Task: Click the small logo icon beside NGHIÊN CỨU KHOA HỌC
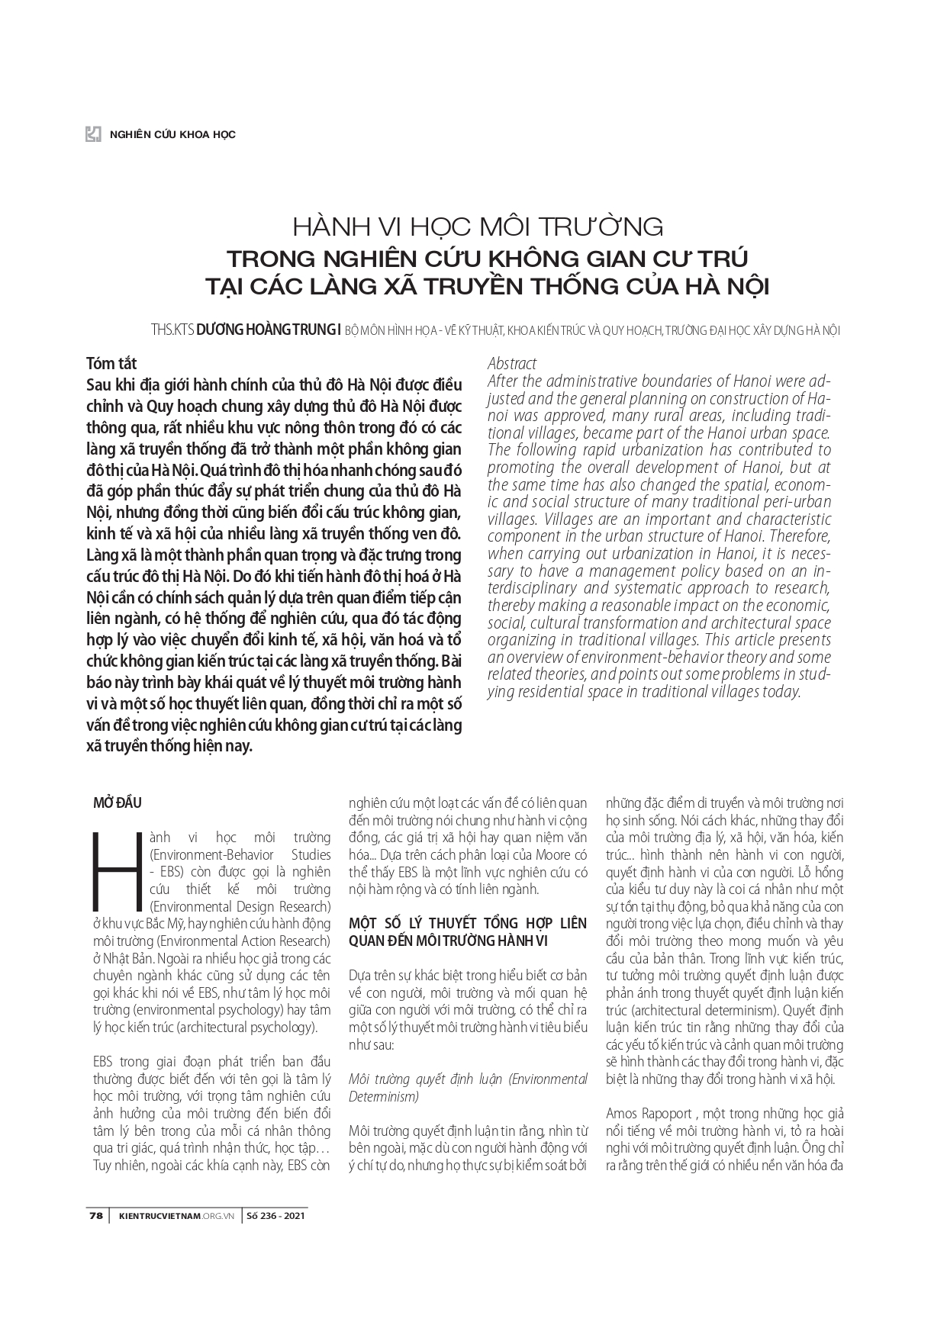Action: [x=93, y=133]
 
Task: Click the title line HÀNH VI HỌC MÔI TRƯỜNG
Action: [x=478, y=227]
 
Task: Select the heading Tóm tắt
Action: [x=111, y=362]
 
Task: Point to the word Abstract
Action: [x=511, y=363]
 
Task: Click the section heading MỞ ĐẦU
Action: [x=117, y=802]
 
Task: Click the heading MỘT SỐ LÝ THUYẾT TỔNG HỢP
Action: [x=467, y=923]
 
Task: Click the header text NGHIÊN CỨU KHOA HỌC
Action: [x=172, y=134]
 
